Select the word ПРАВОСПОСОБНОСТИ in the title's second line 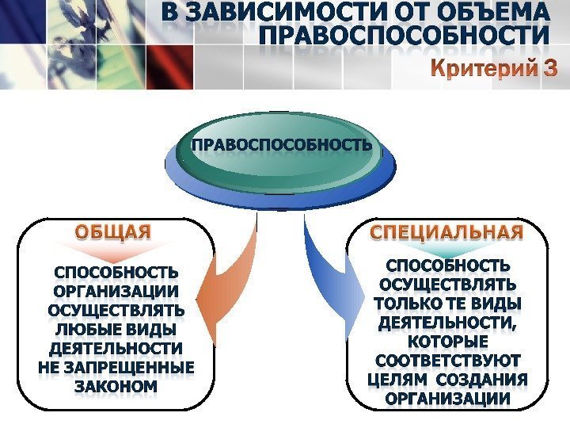point(404,37)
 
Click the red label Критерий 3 point(494,69)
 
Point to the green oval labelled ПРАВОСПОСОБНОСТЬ point(281,146)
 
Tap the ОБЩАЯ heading point(112,232)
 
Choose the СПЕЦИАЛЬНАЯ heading point(447,232)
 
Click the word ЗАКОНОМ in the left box point(116,387)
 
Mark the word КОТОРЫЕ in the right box point(448,342)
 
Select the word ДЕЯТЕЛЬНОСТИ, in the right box point(448,323)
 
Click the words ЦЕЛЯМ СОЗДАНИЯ point(448,380)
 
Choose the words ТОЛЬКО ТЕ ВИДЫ point(448,303)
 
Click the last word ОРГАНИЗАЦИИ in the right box point(448,399)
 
